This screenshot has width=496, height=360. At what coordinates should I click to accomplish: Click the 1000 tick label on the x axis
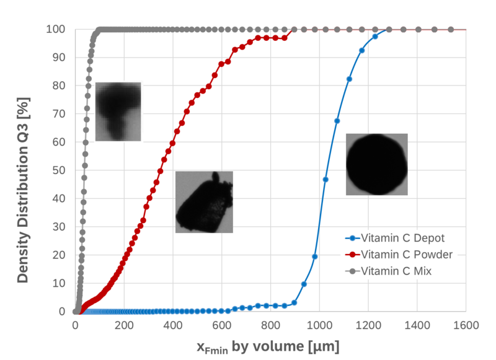[x=320, y=324]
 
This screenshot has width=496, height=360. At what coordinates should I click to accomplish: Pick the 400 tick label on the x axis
[x=173, y=324]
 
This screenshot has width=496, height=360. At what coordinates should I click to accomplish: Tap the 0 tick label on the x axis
[x=76, y=324]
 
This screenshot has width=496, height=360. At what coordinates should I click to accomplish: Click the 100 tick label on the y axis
[x=56, y=29]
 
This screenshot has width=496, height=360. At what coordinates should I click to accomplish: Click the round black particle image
[x=376, y=164]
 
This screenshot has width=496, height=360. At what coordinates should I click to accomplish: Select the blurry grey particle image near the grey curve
[x=118, y=112]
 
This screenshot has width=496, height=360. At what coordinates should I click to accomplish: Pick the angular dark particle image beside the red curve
[x=204, y=202]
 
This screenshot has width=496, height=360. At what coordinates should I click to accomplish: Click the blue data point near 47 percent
[x=325, y=180]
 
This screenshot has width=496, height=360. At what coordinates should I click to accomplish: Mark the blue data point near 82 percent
[x=349, y=79]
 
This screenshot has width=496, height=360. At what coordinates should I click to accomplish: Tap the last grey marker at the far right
[x=451, y=29]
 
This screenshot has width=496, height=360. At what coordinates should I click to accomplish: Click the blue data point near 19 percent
[x=314, y=257]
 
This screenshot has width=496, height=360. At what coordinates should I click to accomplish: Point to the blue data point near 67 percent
[x=337, y=121]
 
